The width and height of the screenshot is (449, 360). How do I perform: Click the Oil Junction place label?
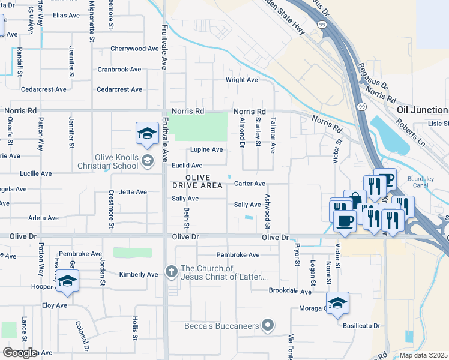coord(422,110)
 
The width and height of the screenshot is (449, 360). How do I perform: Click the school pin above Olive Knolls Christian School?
coord(147,135)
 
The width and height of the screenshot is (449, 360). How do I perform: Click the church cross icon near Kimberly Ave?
coord(171,272)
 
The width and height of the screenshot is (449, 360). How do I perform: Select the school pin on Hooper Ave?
coord(67,281)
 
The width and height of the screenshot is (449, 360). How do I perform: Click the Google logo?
coord(20,352)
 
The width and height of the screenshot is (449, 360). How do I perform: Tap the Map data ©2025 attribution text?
coord(423,355)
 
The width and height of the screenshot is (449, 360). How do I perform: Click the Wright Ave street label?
coord(241,80)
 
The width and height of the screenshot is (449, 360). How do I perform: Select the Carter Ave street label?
coord(249,184)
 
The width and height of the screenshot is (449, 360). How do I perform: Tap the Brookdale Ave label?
coord(290,292)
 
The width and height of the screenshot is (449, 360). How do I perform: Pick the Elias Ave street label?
coord(66,16)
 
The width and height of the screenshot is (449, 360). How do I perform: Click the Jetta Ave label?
coord(133,192)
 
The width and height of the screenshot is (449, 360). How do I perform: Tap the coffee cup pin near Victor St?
coord(345,220)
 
